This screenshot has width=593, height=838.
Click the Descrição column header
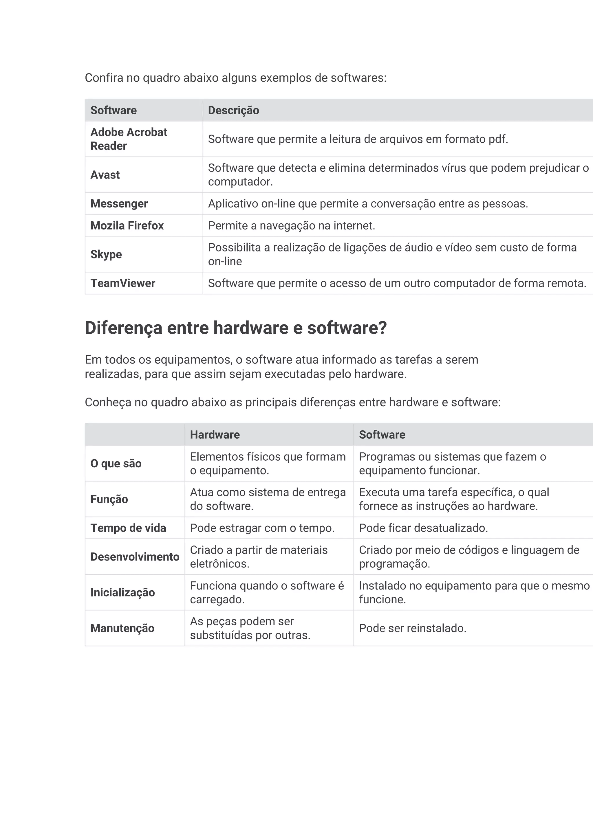[x=233, y=110]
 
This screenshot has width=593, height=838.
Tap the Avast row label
[x=105, y=175]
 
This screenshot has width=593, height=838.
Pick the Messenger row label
[x=119, y=204]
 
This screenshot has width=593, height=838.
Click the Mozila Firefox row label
[x=127, y=225]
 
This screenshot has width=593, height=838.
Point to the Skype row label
[x=106, y=254]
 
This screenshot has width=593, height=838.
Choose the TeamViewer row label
[x=123, y=283]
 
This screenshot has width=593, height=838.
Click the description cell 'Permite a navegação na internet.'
[x=291, y=225]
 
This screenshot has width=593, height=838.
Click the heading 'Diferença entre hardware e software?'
[x=235, y=328]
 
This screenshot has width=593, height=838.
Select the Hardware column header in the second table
[x=215, y=435]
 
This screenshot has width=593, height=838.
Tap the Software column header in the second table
[x=382, y=435]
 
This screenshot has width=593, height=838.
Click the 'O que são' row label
[x=116, y=464]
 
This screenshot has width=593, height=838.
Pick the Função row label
[x=109, y=499]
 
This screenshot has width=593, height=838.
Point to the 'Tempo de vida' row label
[x=128, y=528]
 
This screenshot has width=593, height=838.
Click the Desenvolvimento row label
[x=135, y=557]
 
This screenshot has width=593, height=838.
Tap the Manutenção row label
[x=122, y=628]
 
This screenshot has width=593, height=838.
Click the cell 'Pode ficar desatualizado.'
[x=423, y=528]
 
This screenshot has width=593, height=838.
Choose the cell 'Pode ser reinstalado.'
[x=413, y=628]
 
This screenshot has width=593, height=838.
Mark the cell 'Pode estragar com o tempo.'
[x=262, y=528]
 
